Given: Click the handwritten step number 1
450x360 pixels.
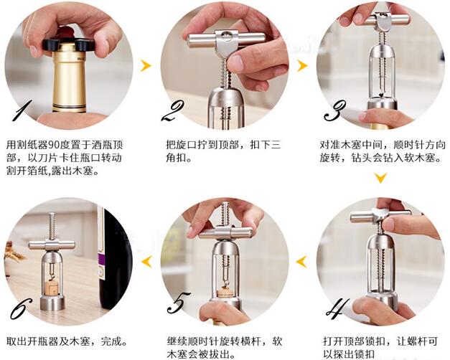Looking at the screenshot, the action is coord(22,110).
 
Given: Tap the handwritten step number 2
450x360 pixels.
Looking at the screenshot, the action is coord(173,111).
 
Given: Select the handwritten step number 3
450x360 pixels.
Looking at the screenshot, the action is coord(334,110).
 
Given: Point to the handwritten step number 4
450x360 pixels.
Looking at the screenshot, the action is coord(337,307).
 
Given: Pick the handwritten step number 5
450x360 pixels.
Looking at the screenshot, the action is coord(179,303).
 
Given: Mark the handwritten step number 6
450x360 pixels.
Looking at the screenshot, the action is coord(22,308).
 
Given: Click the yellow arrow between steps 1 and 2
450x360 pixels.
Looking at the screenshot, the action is coord(146,66).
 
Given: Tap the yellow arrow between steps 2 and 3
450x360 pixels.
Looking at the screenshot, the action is coord(302,66).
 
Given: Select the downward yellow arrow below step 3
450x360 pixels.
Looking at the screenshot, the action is coord(381,178).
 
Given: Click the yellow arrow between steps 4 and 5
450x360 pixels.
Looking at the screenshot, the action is coord(301,262).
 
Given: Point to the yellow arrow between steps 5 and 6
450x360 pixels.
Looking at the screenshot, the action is coord(146,262).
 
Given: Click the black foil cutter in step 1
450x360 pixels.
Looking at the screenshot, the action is coord(68,43).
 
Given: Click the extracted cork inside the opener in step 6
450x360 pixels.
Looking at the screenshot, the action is coord(52,288).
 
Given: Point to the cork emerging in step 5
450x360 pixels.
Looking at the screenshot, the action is coord(225,293).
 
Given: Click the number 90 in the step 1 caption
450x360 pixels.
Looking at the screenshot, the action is coord(53,145).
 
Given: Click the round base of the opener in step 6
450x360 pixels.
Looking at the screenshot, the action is coord(52,303).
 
